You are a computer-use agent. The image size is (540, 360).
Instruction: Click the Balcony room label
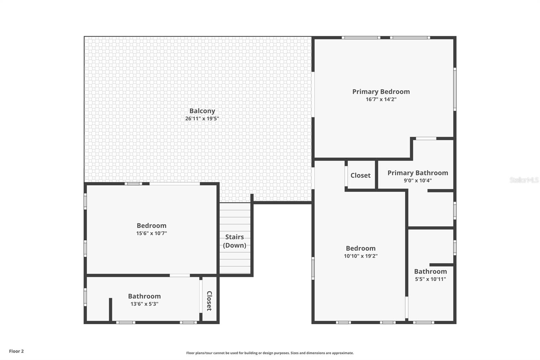[202, 111]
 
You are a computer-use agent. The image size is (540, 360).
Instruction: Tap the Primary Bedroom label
[381, 92]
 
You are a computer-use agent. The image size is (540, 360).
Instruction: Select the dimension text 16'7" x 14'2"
[381, 99]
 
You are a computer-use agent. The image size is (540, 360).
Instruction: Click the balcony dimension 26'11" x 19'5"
[202, 119]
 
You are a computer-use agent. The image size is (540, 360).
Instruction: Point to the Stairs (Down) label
[235, 241]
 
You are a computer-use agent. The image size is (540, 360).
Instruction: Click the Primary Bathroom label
[418, 173]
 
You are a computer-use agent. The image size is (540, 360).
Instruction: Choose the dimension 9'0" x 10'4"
[418, 180]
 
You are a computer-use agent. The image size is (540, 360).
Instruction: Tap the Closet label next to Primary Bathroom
[360, 175]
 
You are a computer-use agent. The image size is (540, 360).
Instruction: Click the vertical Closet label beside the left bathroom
[209, 301]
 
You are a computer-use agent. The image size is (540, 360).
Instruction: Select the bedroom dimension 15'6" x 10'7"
[152, 233]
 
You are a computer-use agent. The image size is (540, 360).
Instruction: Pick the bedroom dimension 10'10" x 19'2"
[361, 256]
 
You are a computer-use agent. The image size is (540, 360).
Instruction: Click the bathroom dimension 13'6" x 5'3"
[144, 304]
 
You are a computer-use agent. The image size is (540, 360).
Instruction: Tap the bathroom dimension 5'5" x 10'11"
[430, 279]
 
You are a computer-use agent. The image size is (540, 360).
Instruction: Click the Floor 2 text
[17, 351]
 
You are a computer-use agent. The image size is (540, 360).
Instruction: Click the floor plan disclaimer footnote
[270, 353]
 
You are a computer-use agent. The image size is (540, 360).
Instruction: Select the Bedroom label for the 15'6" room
[152, 226]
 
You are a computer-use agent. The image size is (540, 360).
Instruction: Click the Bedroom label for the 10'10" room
[361, 248]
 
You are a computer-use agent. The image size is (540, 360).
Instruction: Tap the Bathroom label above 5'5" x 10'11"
[430, 272]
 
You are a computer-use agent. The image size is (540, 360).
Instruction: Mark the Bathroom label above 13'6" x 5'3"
[144, 296]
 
